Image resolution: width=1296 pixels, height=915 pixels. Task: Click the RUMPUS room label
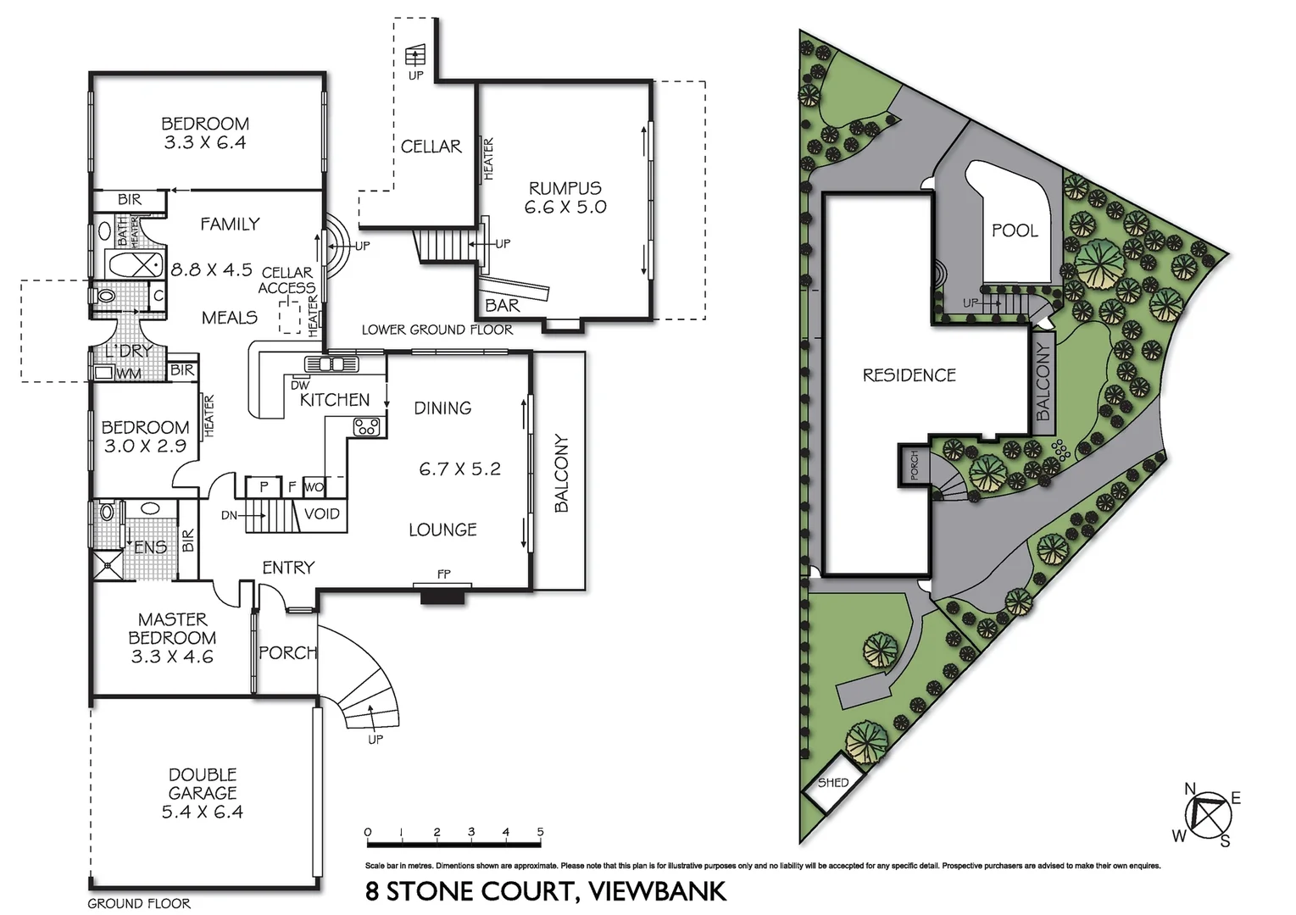coord(565,188)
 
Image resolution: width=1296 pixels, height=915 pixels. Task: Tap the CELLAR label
coord(431,147)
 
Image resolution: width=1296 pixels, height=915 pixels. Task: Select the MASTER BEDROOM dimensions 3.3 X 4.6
coord(172,657)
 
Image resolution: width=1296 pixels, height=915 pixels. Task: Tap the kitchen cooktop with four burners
coord(366,426)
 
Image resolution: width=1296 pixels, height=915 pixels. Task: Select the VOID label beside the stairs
coord(321,513)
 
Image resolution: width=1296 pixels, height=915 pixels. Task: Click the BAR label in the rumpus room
coord(503,305)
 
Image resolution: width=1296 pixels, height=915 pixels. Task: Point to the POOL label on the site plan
coord(1015,230)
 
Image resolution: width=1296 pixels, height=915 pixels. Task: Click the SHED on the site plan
coord(832,783)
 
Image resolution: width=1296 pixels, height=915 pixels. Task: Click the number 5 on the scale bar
coord(540,832)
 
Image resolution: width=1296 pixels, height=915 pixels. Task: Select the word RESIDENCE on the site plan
coord(909,375)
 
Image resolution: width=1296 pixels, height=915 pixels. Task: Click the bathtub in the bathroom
coord(134,263)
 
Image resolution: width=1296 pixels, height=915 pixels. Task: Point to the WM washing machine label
coord(129,374)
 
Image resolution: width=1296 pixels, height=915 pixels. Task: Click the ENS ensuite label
coord(151,547)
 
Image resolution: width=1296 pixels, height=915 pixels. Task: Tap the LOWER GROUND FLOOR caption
coord(437,330)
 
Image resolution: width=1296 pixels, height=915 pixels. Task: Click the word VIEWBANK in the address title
coord(657,891)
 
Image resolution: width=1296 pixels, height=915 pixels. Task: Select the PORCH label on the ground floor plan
coord(287,652)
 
